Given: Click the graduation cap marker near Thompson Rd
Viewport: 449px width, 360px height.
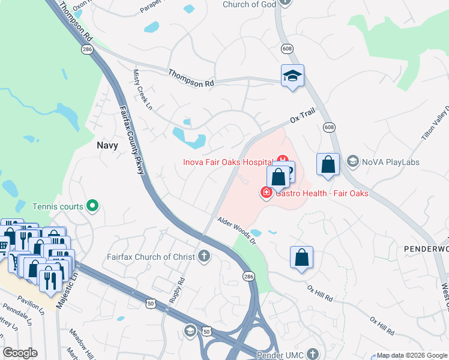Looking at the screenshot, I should coord(292,76).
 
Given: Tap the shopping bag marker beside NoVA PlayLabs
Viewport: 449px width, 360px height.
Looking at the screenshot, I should coord(328,164).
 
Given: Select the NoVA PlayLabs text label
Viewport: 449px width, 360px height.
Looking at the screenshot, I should coord(390,162).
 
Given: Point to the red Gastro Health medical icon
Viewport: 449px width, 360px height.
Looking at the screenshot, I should coord(265,193).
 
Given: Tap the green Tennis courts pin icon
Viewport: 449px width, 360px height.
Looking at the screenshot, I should coord(92,206).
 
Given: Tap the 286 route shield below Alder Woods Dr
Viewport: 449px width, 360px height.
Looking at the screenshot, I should coord(249,275).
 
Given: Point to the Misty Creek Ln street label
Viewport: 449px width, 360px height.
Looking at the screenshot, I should coord(143,89).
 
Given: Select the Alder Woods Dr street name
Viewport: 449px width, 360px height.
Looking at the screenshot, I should coord(237,231).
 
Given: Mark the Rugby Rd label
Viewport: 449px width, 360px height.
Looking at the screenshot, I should coord(177,290).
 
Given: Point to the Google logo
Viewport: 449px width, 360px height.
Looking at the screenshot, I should coord(20,353).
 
